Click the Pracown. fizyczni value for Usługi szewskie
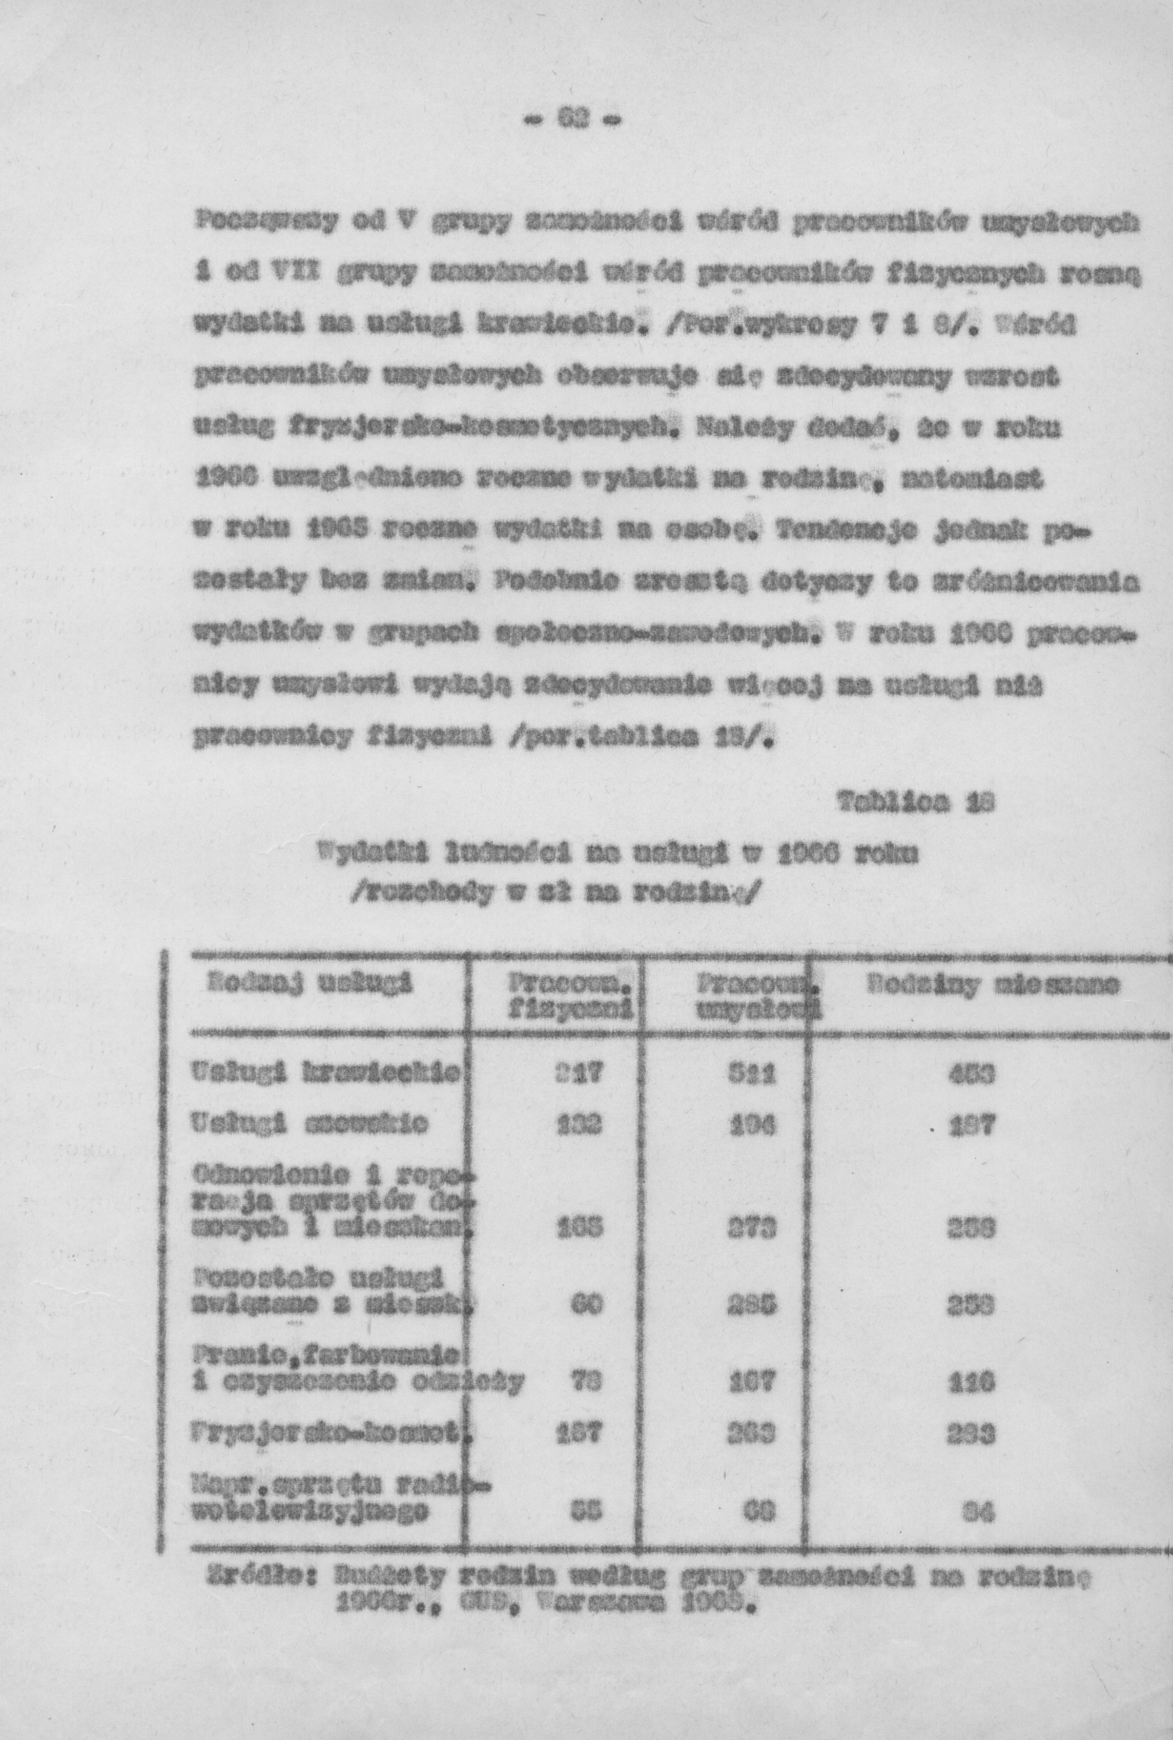tap(581, 1125)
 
